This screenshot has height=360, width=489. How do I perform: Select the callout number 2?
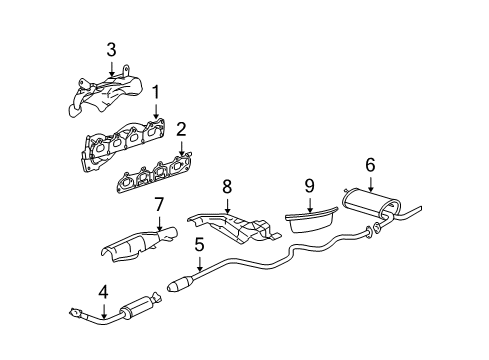pos(181,129)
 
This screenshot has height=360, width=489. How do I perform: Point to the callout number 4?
pos(103,293)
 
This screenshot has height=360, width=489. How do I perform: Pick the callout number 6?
pos(370,163)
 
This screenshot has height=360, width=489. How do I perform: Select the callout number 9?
pos(309,186)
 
